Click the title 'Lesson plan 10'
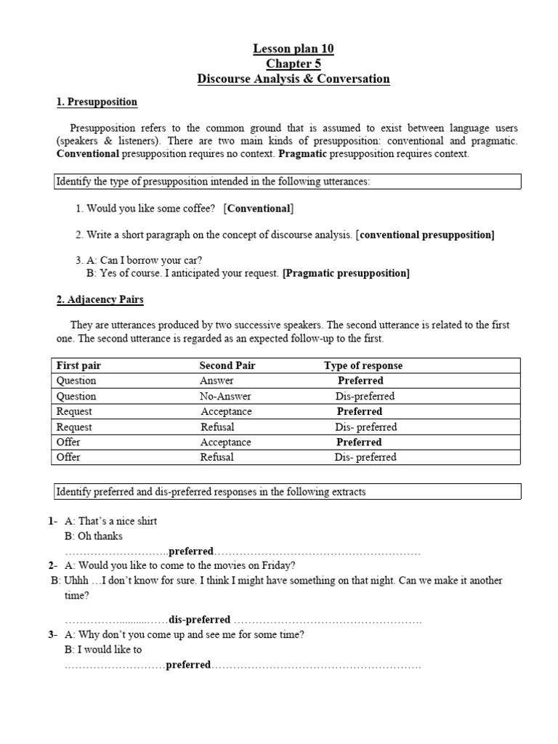coord(294,49)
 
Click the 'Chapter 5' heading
coord(294,64)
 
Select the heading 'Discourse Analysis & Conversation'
coord(294,79)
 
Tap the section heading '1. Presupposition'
coord(97,102)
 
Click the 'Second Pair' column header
coord(227,365)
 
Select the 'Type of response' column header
coord(363,365)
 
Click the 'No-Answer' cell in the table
coord(225,396)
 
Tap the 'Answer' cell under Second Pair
coord(217,381)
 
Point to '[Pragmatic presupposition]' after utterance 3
coord(346,273)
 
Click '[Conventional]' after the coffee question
coord(259,209)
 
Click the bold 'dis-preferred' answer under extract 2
coord(199,620)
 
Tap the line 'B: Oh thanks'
coord(94,536)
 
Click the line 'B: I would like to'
coord(103,650)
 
